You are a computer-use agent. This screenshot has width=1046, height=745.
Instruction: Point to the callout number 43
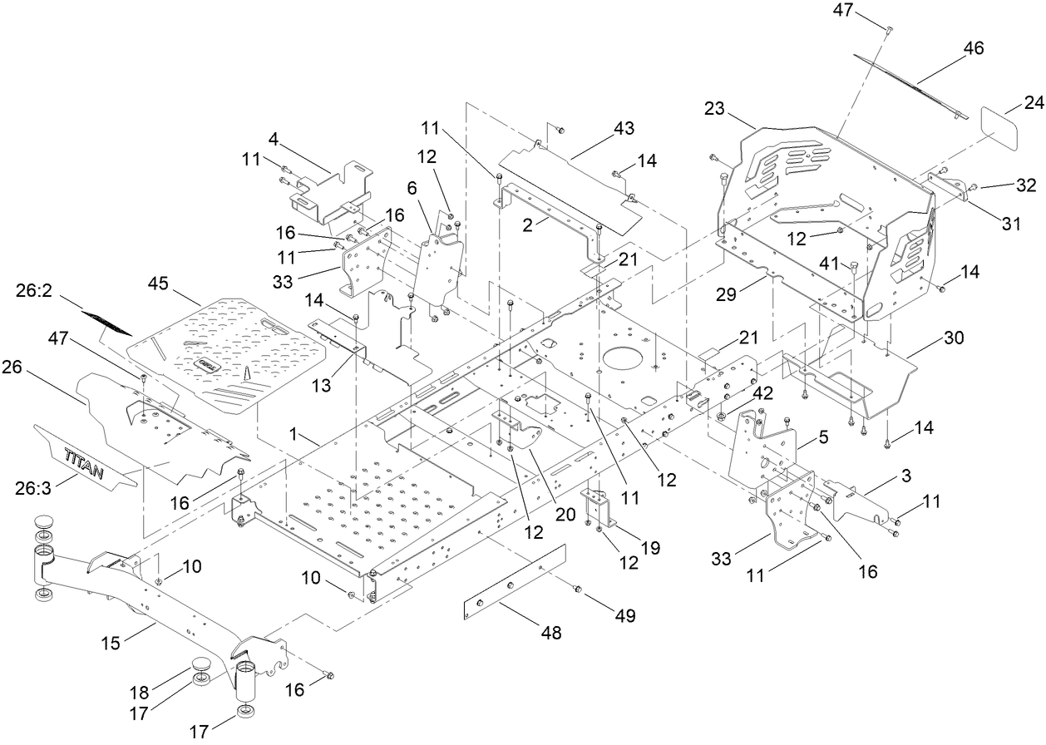pyautogui.click(x=623, y=129)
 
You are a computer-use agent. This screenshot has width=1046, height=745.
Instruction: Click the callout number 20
pyautogui.click(x=565, y=514)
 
